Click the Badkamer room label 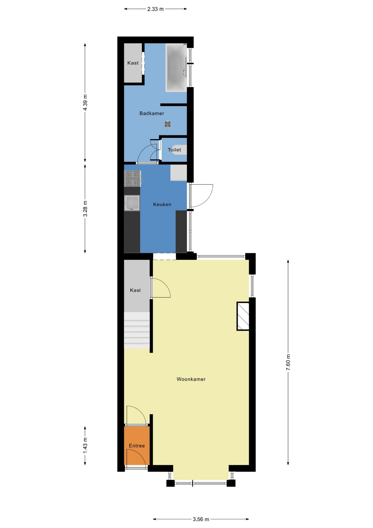152,113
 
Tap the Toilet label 174,150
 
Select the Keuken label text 162,204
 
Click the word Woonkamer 191,379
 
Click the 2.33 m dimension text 155,9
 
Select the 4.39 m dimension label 85,103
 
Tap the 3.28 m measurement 85,209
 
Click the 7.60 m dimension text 288,362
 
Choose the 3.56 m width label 201,519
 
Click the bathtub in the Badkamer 176,68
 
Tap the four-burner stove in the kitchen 133,178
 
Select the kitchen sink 132,203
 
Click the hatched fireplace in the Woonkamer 243,316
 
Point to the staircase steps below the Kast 137,330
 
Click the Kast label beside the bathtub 133,63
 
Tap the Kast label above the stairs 135,290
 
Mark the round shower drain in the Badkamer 168,124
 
